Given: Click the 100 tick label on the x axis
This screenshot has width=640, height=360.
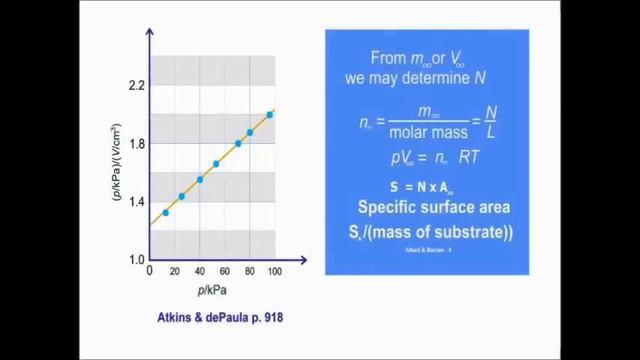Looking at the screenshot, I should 273,272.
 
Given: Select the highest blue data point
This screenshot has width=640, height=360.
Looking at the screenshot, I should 270,115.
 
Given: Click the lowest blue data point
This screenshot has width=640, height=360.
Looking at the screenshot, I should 166,212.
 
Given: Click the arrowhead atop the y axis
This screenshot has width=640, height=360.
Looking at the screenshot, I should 149,34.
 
